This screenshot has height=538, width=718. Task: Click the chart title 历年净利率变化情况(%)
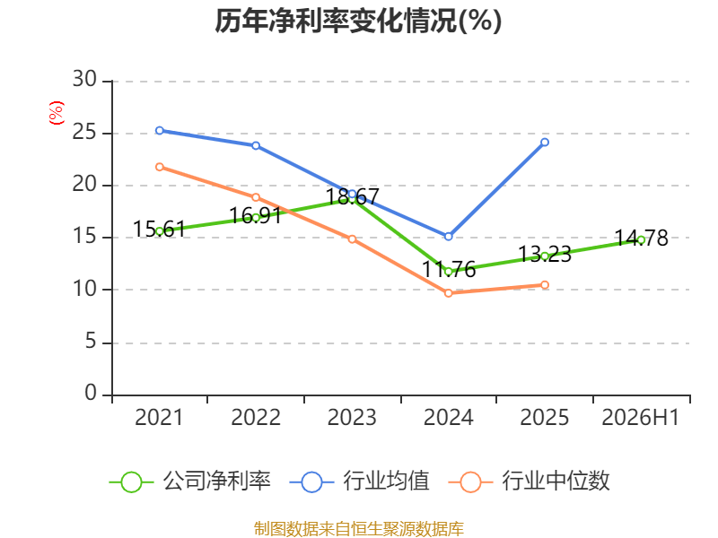[x=358, y=21]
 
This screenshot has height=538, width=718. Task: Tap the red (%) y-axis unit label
[x=57, y=113]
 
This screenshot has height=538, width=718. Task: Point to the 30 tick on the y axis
[x=84, y=79]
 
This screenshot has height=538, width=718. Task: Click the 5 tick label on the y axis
[x=91, y=342]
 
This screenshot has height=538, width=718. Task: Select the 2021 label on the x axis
[x=159, y=417]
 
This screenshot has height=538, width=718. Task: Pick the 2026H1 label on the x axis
[x=640, y=417]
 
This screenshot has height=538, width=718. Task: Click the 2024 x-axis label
[x=448, y=417]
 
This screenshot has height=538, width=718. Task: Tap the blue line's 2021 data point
[x=160, y=131]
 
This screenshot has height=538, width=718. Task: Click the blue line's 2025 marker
[x=545, y=143]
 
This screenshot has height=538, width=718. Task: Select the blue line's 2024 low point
[x=448, y=237]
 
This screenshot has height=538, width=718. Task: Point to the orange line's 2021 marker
[x=160, y=167]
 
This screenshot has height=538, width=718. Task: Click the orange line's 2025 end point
[x=545, y=285]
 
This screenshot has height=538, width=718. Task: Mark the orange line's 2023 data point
[x=352, y=239]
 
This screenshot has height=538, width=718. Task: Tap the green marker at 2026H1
[x=641, y=240]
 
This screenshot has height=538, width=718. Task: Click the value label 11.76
[x=449, y=270]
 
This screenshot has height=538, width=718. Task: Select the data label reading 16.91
[x=256, y=215]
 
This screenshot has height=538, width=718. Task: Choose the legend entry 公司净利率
[x=190, y=482]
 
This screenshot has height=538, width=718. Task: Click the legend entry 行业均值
[x=360, y=482]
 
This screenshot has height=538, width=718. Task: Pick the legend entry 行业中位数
[x=529, y=482]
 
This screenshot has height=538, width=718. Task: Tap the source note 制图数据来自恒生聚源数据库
[x=358, y=529]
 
